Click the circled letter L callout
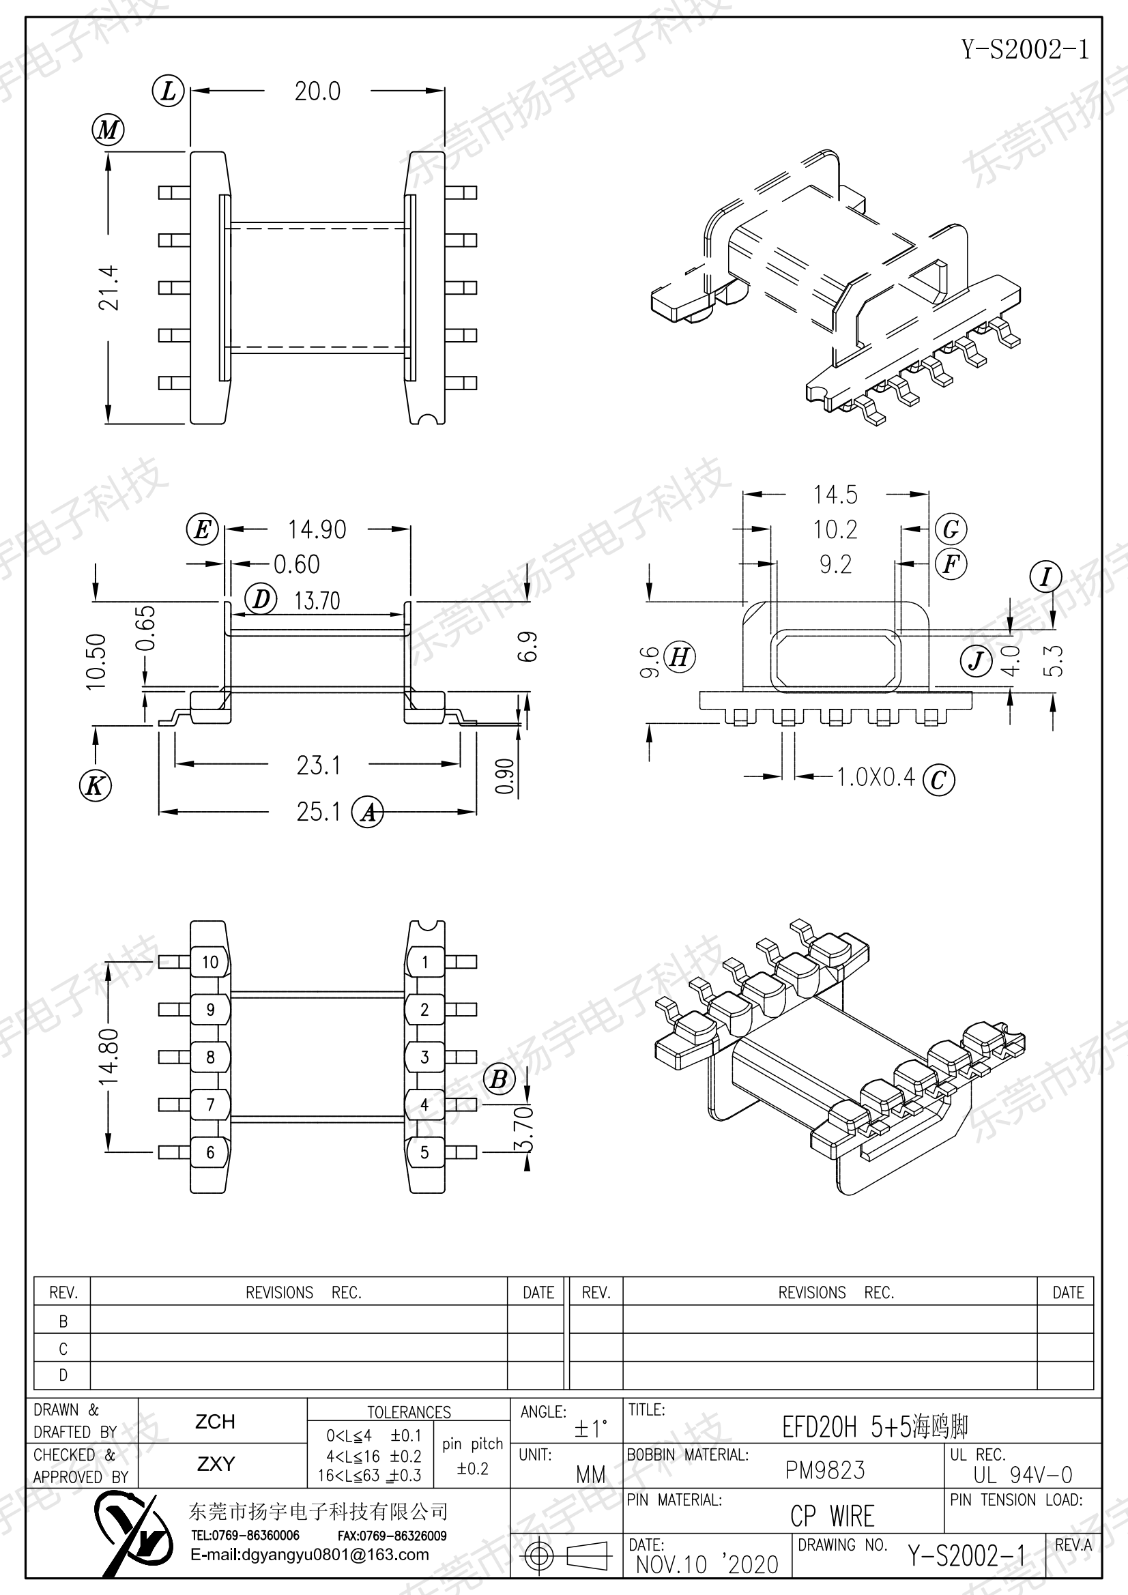[168, 91]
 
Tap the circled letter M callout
[108, 130]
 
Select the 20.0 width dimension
[317, 91]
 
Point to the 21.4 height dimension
[109, 287]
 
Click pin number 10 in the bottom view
[210, 962]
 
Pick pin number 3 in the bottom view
[424, 1057]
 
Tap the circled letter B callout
[499, 1079]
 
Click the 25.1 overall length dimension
[318, 811]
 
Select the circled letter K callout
[96, 786]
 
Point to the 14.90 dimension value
[317, 529]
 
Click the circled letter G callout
[951, 529]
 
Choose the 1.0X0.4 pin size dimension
[876, 776]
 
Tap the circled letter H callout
[679, 656]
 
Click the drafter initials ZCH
[216, 1421]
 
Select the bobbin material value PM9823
[825, 1470]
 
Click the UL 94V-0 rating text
[1022, 1474]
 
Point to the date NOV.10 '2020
[707, 1564]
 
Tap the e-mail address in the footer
[310, 1555]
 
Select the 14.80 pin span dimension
[109, 1057]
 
